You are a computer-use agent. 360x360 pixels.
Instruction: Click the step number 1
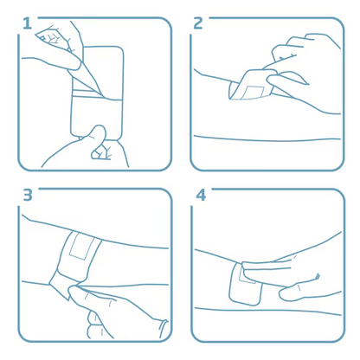[27, 23]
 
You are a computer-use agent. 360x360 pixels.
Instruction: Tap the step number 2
[198, 23]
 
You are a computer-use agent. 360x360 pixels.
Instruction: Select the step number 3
[27, 195]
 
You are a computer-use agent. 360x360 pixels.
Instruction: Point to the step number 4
[201, 195]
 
